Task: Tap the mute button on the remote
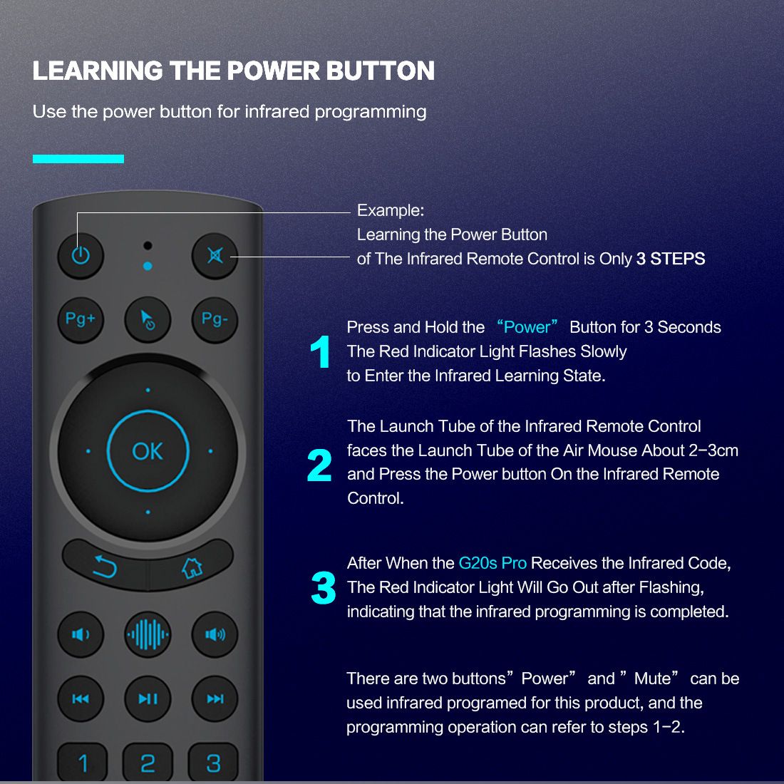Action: pos(215,256)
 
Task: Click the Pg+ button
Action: pos(81,320)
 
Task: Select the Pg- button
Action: pos(215,320)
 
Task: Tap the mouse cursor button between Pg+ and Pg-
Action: pos(148,320)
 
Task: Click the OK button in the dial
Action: pos(148,451)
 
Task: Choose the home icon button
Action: pos(192,567)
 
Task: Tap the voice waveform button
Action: pos(148,634)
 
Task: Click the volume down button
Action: pos(81,634)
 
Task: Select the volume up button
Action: pos(215,634)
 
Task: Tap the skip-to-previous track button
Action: pos(81,698)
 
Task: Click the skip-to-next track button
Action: pos(215,698)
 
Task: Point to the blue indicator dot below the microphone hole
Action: pos(148,266)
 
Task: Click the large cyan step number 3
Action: pos(323,587)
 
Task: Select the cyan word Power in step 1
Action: pos(527,327)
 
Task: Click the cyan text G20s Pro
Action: pos(492,563)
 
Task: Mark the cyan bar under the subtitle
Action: pos(78,159)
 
